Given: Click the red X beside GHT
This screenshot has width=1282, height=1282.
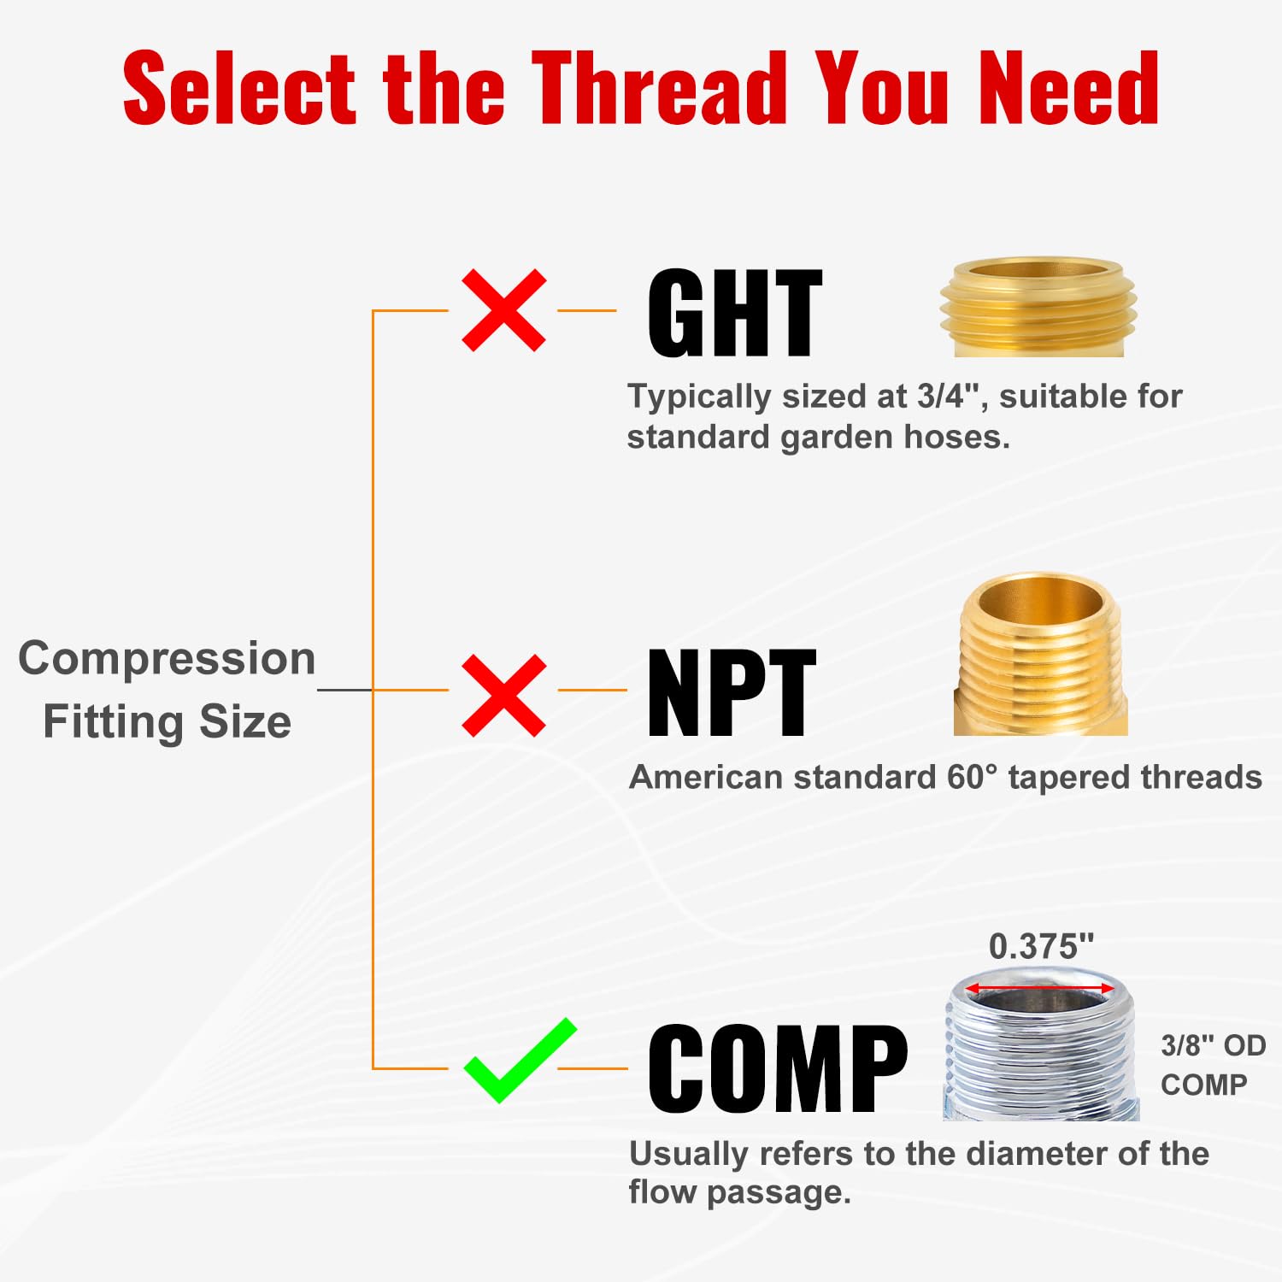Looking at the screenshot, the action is [503, 310].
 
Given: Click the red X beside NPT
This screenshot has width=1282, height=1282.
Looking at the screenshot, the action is [503, 696].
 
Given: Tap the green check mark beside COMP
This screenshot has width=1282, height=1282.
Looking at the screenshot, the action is [519, 1060].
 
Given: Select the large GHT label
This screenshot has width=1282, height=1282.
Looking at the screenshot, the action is [734, 313].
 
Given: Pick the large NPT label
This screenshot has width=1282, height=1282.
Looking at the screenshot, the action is [731, 693].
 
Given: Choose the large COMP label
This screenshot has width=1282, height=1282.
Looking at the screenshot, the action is [778, 1068].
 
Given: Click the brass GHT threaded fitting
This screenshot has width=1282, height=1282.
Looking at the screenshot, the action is [1038, 307].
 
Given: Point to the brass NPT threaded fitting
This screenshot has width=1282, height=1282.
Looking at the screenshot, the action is [1040, 654].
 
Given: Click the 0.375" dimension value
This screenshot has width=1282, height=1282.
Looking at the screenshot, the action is [1041, 946].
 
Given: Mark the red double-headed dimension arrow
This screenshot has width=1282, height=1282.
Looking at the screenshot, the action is [1040, 989].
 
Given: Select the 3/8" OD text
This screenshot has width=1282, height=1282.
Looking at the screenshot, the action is [1213, 1045].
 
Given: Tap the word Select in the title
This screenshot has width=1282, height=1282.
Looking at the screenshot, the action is [239, 88].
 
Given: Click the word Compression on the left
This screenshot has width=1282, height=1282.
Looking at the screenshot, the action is [167, 660].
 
